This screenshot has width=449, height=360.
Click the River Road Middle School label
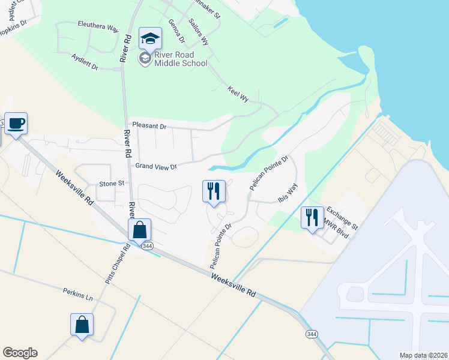click(x=180, y=59)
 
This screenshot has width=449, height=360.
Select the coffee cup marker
click(x=16, y=124)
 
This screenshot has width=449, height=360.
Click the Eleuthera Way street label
click(x=98, y=28)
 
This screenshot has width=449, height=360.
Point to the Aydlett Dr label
click(x=85, y=62)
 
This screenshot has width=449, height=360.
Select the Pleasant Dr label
click(x=149, y=126)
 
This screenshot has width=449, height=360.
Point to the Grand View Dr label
click(x=156, y=166)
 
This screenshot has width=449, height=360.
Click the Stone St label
click(x=111, y=183)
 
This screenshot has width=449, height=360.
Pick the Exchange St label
click(x=342, y=219)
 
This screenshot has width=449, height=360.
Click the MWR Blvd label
click(x=336, y=229)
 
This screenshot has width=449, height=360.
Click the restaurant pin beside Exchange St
click(x=312, y=217)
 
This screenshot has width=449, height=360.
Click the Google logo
click(x=20, y=353)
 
